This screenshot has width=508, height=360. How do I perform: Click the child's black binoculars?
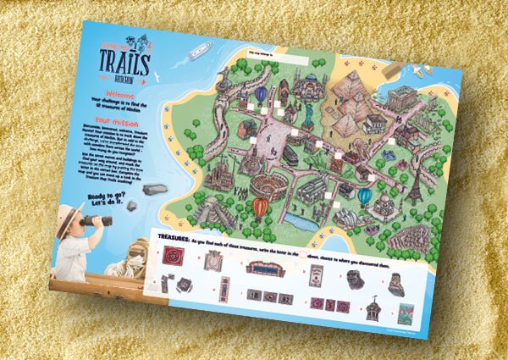coord(98,221)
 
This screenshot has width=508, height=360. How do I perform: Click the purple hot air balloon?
coord(261,94)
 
